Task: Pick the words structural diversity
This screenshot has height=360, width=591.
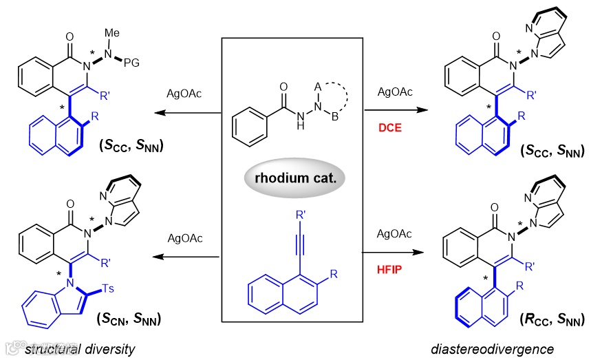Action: click(80, 349)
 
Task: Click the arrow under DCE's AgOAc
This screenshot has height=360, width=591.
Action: click(391, 109)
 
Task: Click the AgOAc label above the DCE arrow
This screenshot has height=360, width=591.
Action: click(390, 92)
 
